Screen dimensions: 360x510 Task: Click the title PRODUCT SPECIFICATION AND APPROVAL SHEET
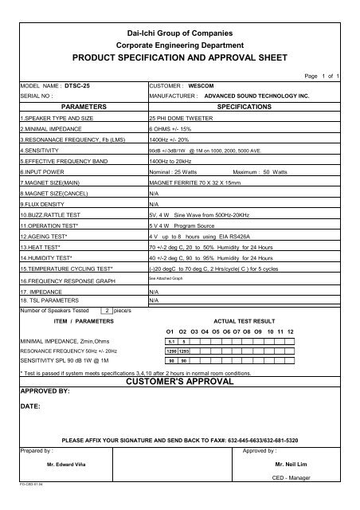pyautogui.click(x=180, y=59)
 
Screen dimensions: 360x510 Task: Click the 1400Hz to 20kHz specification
pyautogui.click(x=177, y=160)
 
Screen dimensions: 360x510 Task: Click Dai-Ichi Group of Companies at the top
pyautogui.click(x=180, y=29)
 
